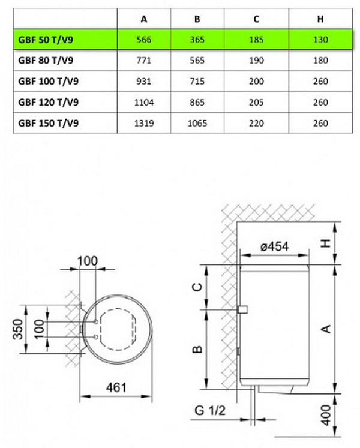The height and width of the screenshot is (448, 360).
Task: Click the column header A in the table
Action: (144, 19)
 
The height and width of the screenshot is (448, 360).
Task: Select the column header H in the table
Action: (320, 19)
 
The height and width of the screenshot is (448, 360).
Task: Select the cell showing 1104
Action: (144, 103)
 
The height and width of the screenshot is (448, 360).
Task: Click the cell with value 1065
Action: (197, 124)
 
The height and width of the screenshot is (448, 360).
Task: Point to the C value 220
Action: (256, 124)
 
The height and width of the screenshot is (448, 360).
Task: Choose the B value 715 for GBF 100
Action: (197, 82)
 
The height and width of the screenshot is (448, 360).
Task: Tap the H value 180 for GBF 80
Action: (320, 61)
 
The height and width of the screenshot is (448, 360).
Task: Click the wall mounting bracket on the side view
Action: (243, 309)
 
